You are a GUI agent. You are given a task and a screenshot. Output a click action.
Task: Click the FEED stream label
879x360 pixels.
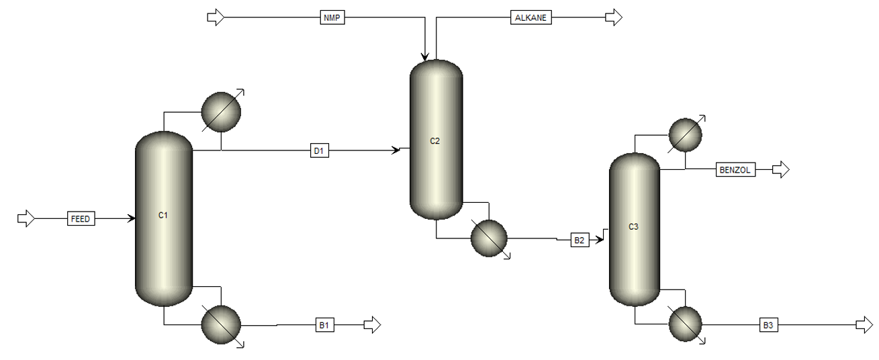81,219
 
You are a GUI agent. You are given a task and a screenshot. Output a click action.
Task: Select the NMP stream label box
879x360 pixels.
332,17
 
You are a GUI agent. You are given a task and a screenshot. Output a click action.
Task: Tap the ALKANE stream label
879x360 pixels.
531,17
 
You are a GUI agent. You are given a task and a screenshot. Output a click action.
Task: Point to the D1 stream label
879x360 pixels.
320,150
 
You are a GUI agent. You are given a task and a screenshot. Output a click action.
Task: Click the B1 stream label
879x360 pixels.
325,325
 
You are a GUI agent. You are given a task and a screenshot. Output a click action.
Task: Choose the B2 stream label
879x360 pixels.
580,240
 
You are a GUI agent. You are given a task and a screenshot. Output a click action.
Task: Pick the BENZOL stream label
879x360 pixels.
735,170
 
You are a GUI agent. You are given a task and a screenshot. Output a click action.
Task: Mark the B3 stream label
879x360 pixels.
768,325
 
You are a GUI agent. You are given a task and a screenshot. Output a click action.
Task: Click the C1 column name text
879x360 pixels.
163,215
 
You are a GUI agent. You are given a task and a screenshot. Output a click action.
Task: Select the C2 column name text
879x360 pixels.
434,141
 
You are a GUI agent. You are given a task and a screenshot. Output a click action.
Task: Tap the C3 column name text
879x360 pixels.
633,226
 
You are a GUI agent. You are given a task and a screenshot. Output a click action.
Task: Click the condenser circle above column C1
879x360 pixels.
221,112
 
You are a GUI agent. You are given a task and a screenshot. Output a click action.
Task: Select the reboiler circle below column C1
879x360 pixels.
221,324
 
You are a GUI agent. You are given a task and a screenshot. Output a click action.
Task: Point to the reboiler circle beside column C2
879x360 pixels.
489,238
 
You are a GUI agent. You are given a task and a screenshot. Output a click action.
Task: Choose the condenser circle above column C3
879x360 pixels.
685,135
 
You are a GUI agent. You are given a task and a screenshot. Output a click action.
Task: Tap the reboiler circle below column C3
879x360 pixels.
685,324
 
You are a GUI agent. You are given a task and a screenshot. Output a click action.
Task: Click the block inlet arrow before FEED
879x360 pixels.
26,218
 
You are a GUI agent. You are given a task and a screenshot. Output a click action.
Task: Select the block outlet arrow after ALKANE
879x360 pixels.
614,17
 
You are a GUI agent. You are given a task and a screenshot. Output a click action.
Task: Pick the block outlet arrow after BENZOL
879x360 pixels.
781,170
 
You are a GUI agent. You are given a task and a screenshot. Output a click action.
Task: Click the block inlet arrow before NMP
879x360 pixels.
216,17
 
